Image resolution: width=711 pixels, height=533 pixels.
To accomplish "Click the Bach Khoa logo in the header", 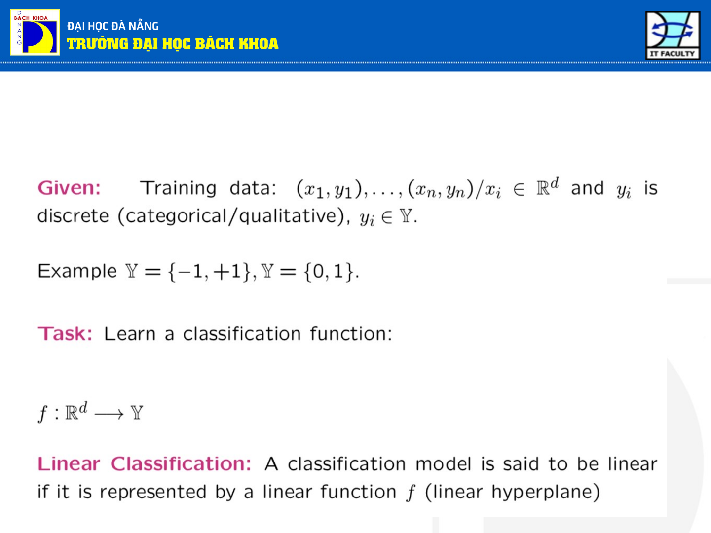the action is (35, 33).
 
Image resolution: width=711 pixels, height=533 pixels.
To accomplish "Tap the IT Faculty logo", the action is (673, 36).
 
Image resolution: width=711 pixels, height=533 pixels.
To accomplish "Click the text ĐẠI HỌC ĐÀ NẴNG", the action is (112, 26).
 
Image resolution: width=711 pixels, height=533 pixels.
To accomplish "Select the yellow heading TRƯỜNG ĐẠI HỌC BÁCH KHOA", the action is (172, 44).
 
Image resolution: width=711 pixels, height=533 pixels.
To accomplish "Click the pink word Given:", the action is (69, 188).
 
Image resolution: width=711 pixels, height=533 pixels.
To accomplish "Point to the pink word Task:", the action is (65, 334).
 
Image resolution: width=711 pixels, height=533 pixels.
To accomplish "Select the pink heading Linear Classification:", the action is (145, 464).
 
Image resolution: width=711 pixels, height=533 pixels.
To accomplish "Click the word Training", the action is (178, 188).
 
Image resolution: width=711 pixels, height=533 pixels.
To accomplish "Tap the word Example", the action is (77, 271).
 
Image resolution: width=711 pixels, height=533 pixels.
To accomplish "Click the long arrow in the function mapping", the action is (109, 414).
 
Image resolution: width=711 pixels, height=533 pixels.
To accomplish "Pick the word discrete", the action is (73, 216).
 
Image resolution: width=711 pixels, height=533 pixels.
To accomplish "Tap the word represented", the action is (153, 492).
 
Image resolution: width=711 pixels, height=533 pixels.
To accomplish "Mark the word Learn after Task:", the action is (130, 334).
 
